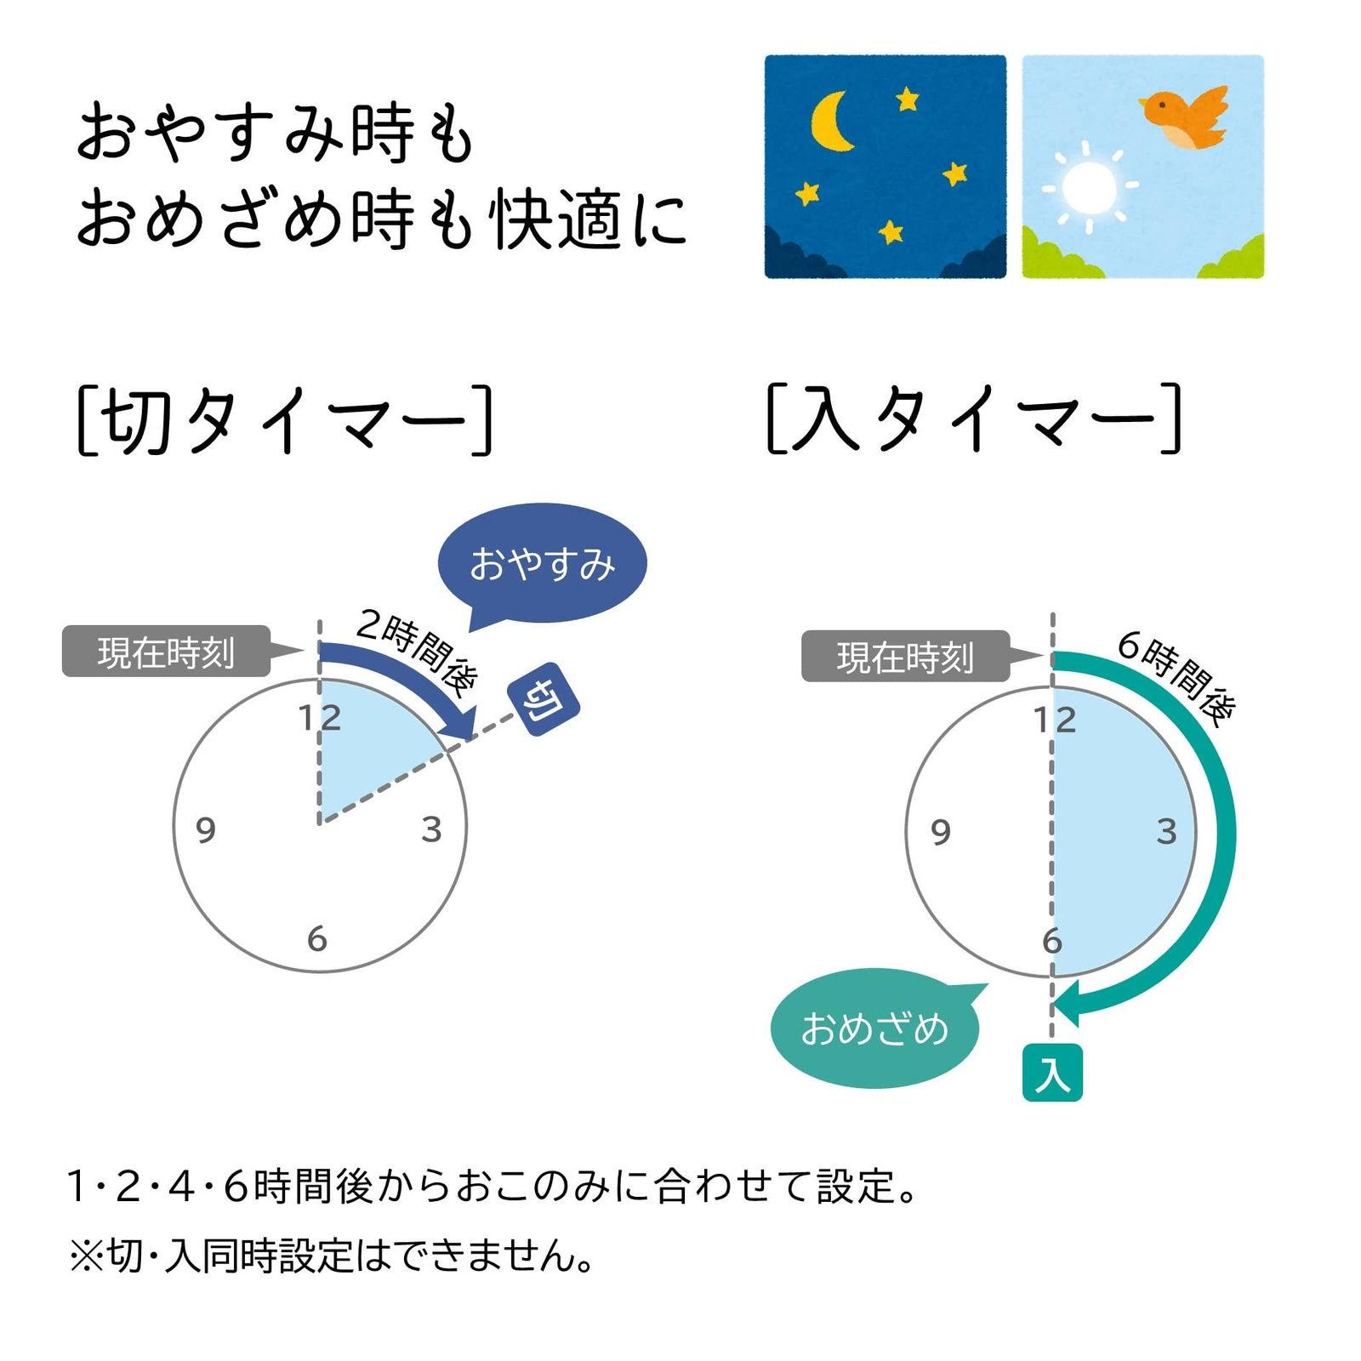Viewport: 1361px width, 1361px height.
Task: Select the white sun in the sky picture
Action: pyautogui.click(x=1088, y=186)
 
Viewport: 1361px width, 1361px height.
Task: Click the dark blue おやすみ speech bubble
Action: pyautogui.click(x=543, y=564)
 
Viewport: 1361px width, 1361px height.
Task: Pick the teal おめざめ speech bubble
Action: pyautogui.click(x=874, y=1028)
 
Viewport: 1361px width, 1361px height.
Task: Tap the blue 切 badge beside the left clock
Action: pyautogui.click(x=544, y=699)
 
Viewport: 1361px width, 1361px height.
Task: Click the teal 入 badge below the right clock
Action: pyautogui.click(x=1052, y=1073)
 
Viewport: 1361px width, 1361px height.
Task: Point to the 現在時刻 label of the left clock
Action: pyautogui.click(x=166, y=652)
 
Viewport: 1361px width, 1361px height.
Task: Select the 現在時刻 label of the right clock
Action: pyautogui.click(x=905, y=657)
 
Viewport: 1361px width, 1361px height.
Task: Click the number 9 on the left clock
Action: pyautogui.click(x=205, y=829)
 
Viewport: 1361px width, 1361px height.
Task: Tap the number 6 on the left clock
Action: pyautogui.click(x=317, y=939)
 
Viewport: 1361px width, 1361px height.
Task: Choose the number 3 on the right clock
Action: pyautogui.click(x=1166, y=831)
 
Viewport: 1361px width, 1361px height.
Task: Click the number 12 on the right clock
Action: pyautogui.click(x=1055, y=720)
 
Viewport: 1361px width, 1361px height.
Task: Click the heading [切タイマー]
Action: pyautogui.click(x=285, y=419)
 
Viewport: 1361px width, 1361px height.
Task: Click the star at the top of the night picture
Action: pyautogui.click(x=908, y=100)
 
